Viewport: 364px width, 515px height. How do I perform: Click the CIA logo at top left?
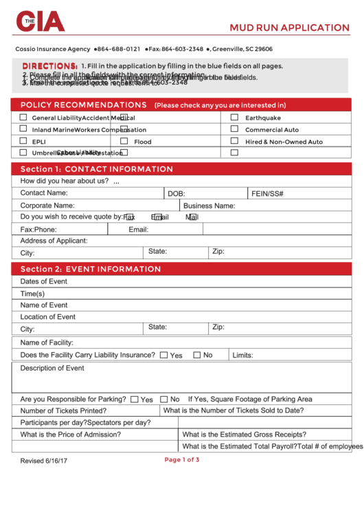(x=41, y=22)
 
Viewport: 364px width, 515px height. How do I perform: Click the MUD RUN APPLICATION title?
(x=289, y=28)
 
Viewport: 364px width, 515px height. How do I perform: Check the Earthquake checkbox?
(x=234, y=118)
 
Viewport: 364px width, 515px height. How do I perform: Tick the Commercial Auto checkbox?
(x=234, y=129)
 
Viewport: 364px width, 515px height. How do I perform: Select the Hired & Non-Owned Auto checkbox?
(x=234, y=141)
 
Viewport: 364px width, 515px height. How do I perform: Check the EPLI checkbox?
(x=23, y=141)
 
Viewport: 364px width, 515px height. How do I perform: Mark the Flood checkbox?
(x=124, y=141)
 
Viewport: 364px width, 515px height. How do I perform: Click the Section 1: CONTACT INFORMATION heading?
(x=97, y=169)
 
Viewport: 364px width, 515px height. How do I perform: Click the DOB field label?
(x=177, y=194)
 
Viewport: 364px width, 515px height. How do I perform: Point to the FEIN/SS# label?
(x=267, y=194)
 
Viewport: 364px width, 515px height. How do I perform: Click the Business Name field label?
(x=209, y=206)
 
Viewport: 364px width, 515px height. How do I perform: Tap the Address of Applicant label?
(x=54, y=241)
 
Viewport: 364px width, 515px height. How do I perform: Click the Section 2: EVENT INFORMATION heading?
(x=91, y=269)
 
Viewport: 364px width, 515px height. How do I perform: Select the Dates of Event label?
(x=44, y=281)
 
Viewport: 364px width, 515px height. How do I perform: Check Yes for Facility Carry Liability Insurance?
(x=163, y=355)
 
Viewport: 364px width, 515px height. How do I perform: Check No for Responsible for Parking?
(x=164, y=399)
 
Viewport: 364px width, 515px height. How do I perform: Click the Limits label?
(x=243, y=355)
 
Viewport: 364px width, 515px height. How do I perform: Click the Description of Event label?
(x=52, y=368)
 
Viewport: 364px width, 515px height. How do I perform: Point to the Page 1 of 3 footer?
(x=182, y=459)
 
